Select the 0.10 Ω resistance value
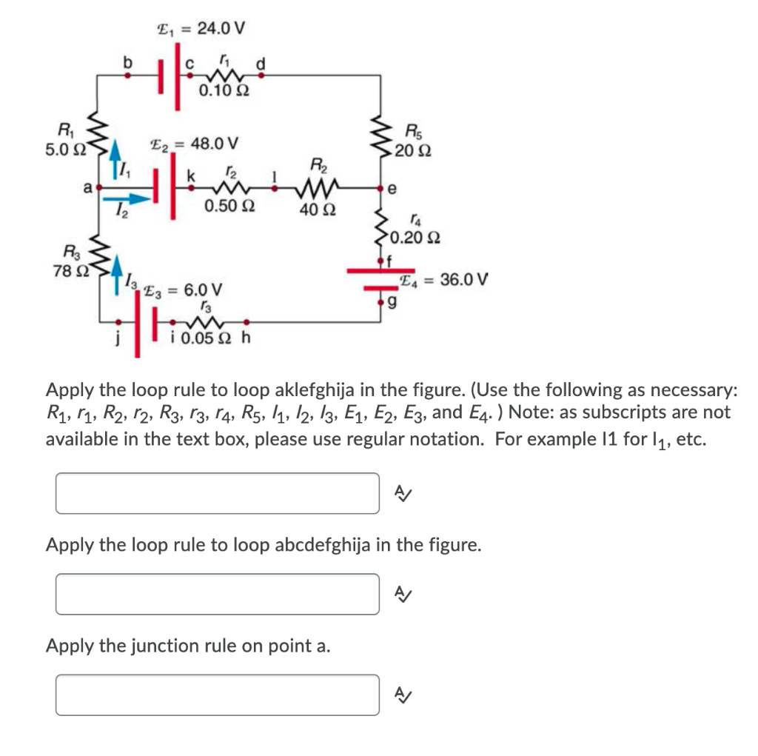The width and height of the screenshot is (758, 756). click(x=224, y=92)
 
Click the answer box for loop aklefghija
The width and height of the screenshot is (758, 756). click(x=218, y=493)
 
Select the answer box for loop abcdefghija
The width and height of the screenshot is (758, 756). click(x=218, y=594)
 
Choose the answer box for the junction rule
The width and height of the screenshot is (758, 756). click(x=218, y=695)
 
